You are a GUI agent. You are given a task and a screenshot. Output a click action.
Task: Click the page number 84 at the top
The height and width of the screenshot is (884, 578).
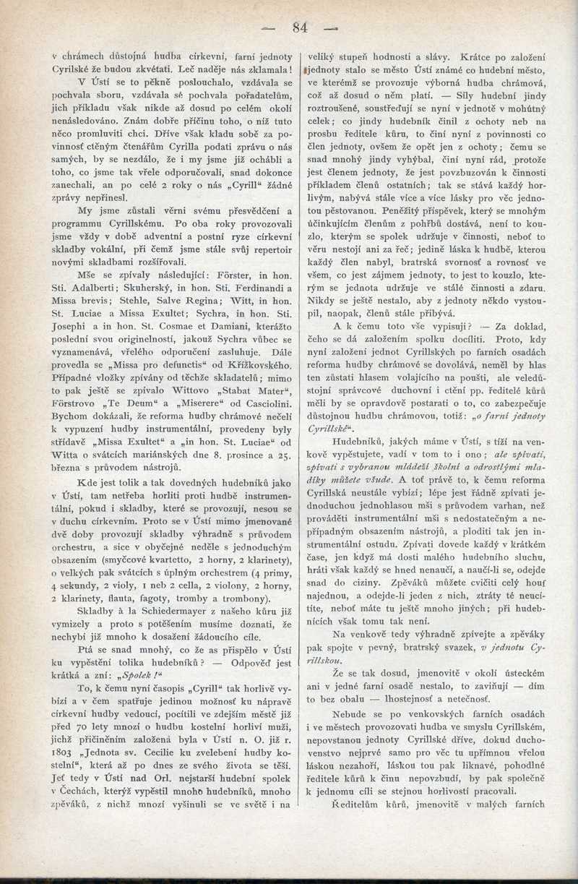300,28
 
